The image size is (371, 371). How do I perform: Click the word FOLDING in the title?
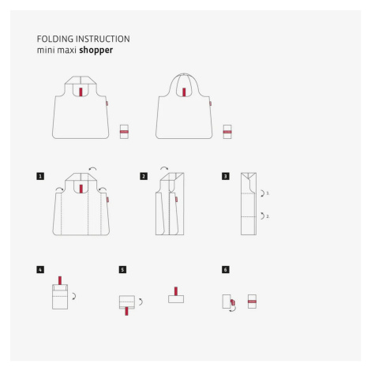(55, 39)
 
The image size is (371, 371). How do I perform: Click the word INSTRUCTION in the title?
(103, 39)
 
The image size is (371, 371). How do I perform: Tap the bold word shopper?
(96, 51)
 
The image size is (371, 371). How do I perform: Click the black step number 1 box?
(40, 176)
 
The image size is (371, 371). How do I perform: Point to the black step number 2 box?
(144, 176)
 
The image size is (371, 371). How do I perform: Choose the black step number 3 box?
(226, 176)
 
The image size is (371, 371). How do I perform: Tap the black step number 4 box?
(40, 270)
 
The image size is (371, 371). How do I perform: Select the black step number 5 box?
(122, 270)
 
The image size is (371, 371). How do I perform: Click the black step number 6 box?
(226, 270)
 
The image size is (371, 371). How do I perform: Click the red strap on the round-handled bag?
(184, 92)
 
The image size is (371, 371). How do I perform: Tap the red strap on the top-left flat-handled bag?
(81, 92)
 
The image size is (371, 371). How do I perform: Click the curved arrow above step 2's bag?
(164, 167)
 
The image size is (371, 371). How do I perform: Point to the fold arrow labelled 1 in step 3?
(263, 193)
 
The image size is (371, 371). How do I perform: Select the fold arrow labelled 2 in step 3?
(263, 216)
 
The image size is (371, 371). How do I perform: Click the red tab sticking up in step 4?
(60, 280)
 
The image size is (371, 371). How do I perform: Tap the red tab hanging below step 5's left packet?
(126, 311)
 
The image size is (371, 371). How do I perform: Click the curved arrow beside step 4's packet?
(74, 296)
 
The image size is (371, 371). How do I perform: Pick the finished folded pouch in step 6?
(252, 302)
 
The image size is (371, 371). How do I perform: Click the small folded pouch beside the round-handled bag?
(227, 132)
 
